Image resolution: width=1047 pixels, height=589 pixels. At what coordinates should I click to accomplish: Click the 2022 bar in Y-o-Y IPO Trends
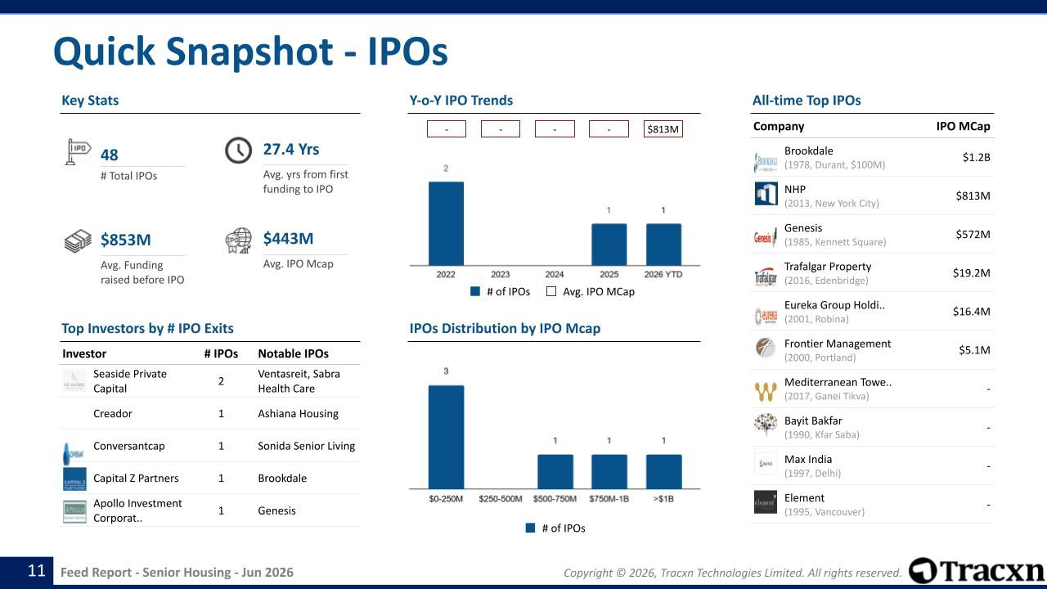click(x=446, y=223)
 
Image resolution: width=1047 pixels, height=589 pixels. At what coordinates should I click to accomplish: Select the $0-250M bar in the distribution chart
click(x=446, y=437)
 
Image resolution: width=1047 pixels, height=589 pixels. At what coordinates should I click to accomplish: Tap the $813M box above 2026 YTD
click(x=663, y=129)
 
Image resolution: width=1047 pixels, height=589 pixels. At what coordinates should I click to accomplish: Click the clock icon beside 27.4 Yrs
click(x=238, y=150)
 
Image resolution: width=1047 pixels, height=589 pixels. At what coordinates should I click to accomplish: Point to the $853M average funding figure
click(x=126, y=240)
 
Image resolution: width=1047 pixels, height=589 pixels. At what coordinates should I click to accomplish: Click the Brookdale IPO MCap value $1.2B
click(x=976, y=158)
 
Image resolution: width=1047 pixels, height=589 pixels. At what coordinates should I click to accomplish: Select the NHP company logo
click(x=766, y=194)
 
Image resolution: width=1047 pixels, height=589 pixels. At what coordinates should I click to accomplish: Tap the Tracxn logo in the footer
click(x=976, y=571)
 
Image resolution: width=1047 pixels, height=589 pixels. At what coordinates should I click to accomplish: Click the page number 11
click(x=37, y=571)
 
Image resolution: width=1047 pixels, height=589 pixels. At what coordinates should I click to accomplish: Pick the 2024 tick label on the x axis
click(x=555, y=274)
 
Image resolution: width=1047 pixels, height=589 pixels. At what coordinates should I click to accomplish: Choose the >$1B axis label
click(x=663, y=499)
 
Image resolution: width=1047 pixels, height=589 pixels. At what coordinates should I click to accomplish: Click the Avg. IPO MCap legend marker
click(x=551, y=292)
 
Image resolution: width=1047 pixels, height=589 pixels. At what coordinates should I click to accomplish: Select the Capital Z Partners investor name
click(x=136, y=479)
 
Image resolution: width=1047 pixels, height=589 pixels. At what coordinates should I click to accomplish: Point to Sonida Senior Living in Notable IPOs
click(x=306, y=446)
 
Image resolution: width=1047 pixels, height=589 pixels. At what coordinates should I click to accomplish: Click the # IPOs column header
click(x=221, y=354)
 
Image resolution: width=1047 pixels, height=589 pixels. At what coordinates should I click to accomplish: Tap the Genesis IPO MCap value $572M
click(x=973, y=234)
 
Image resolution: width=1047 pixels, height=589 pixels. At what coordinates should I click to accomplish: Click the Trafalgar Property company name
click(x=828, y=267)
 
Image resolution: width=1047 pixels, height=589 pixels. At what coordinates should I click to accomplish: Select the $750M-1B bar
click(x=609, y=472)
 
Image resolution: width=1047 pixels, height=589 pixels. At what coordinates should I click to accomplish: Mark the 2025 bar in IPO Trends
click(x=609, y=245)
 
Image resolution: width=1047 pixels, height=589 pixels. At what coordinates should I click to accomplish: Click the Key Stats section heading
click(x=90, y=101)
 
